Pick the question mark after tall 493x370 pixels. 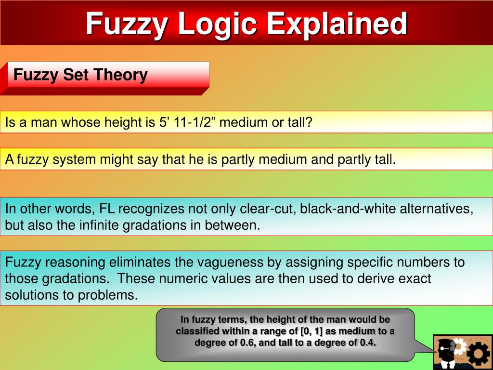click(310, 123)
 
